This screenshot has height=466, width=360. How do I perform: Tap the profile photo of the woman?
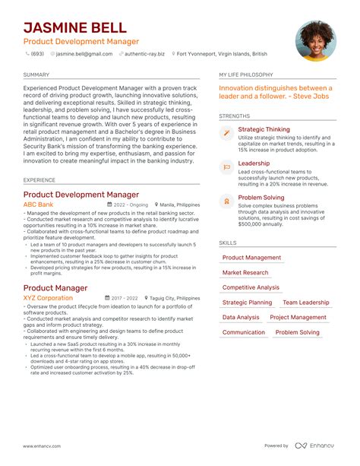coord(315,40)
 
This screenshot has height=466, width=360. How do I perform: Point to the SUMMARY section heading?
coord(36,75)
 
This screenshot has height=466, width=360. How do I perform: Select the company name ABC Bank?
coord(39,204)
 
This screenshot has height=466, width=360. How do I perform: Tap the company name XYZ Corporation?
coord(48,298)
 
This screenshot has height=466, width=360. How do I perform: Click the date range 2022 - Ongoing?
coord(131,204)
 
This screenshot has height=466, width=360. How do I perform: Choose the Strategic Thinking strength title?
coord(264,130)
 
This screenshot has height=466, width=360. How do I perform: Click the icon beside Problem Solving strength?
coord(226,200)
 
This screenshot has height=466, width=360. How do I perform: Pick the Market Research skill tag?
coord(245,272)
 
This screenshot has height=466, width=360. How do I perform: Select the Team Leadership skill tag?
coord(305,303)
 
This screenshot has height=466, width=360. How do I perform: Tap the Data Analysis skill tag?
coord(241,317)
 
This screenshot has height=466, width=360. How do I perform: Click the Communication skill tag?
coord(244,332)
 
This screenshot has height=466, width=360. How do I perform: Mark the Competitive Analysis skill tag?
coord(251,287)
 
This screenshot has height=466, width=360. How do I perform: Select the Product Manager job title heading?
coord(55,288)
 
